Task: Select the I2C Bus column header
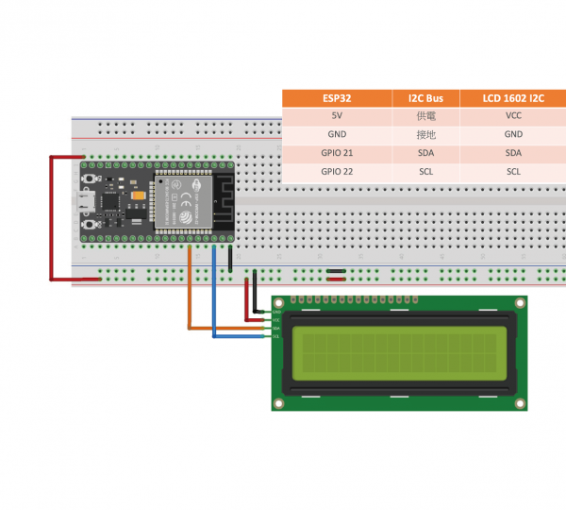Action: (425, 97)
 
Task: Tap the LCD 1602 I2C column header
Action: (512, 97)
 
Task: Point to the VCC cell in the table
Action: (512, 116)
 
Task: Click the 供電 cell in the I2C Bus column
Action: (425, 116)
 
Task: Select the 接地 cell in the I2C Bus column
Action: (425, 135)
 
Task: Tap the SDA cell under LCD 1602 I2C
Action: (512, 153)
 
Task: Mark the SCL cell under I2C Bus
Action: (425, 172)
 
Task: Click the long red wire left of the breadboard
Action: (51, 217)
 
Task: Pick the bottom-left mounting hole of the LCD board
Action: (278, 404)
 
